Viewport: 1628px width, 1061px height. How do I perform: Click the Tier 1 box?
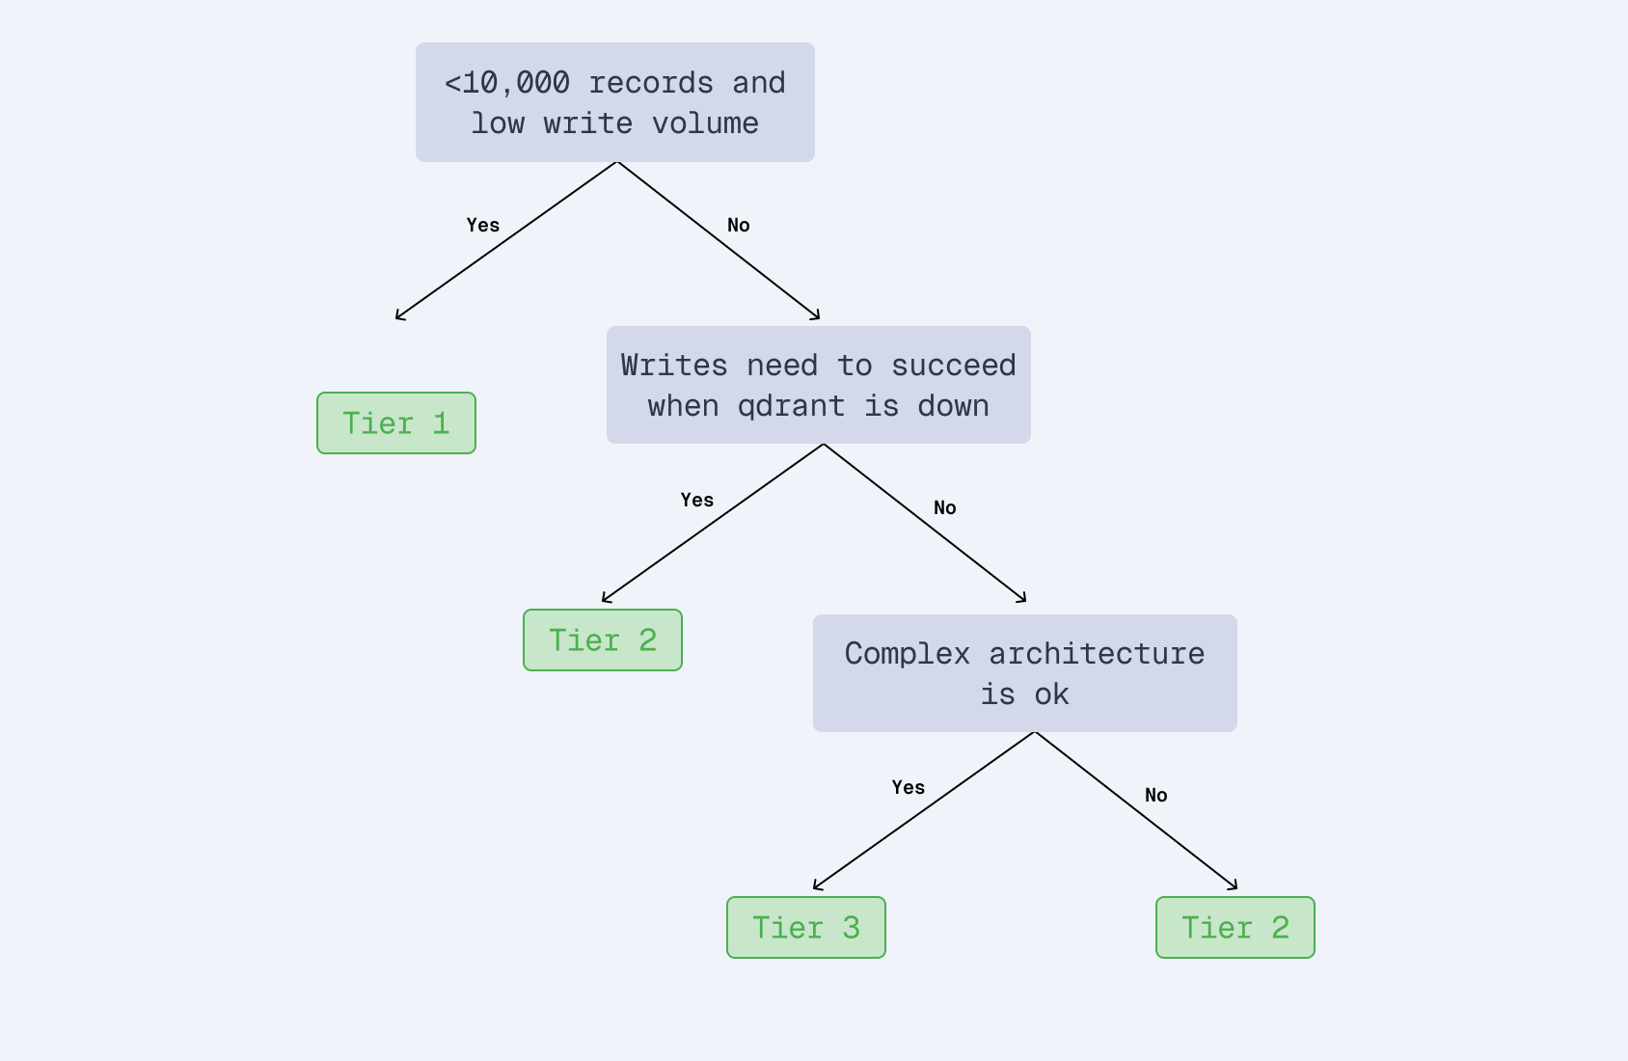point(396,423)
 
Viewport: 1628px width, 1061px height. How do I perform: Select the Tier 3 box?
point(806,928)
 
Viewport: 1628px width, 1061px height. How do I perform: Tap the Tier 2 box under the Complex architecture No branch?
point(1235,928)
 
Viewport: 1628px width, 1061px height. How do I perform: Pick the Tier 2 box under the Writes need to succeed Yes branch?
point(603,640)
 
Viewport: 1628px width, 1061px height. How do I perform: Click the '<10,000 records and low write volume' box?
point(615,102)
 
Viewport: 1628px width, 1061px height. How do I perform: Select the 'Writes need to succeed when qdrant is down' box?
point(819,385)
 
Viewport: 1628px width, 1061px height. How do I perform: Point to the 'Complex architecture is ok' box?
point(1025,673)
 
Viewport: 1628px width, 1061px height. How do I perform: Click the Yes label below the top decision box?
point(483,225)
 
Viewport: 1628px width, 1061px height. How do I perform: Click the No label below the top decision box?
point(739,225)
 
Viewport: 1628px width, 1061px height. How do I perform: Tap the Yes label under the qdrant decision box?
point(697,500)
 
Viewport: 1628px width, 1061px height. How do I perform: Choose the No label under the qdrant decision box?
point(945,507)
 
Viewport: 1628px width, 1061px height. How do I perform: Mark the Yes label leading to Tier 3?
point(909,787)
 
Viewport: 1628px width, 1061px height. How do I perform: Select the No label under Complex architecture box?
point(1156,795)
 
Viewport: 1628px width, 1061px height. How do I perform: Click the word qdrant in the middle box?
point(791,406)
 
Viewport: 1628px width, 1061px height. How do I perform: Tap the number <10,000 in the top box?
point(507,83)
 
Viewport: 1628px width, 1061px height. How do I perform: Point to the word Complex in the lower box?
point(908,654)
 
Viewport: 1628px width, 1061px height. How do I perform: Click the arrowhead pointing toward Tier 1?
point(399,316)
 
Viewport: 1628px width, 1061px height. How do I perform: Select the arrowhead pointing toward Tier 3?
point(817,886)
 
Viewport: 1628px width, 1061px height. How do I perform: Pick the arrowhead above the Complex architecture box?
point(1022,599)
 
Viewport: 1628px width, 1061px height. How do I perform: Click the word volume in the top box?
point(705,123)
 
